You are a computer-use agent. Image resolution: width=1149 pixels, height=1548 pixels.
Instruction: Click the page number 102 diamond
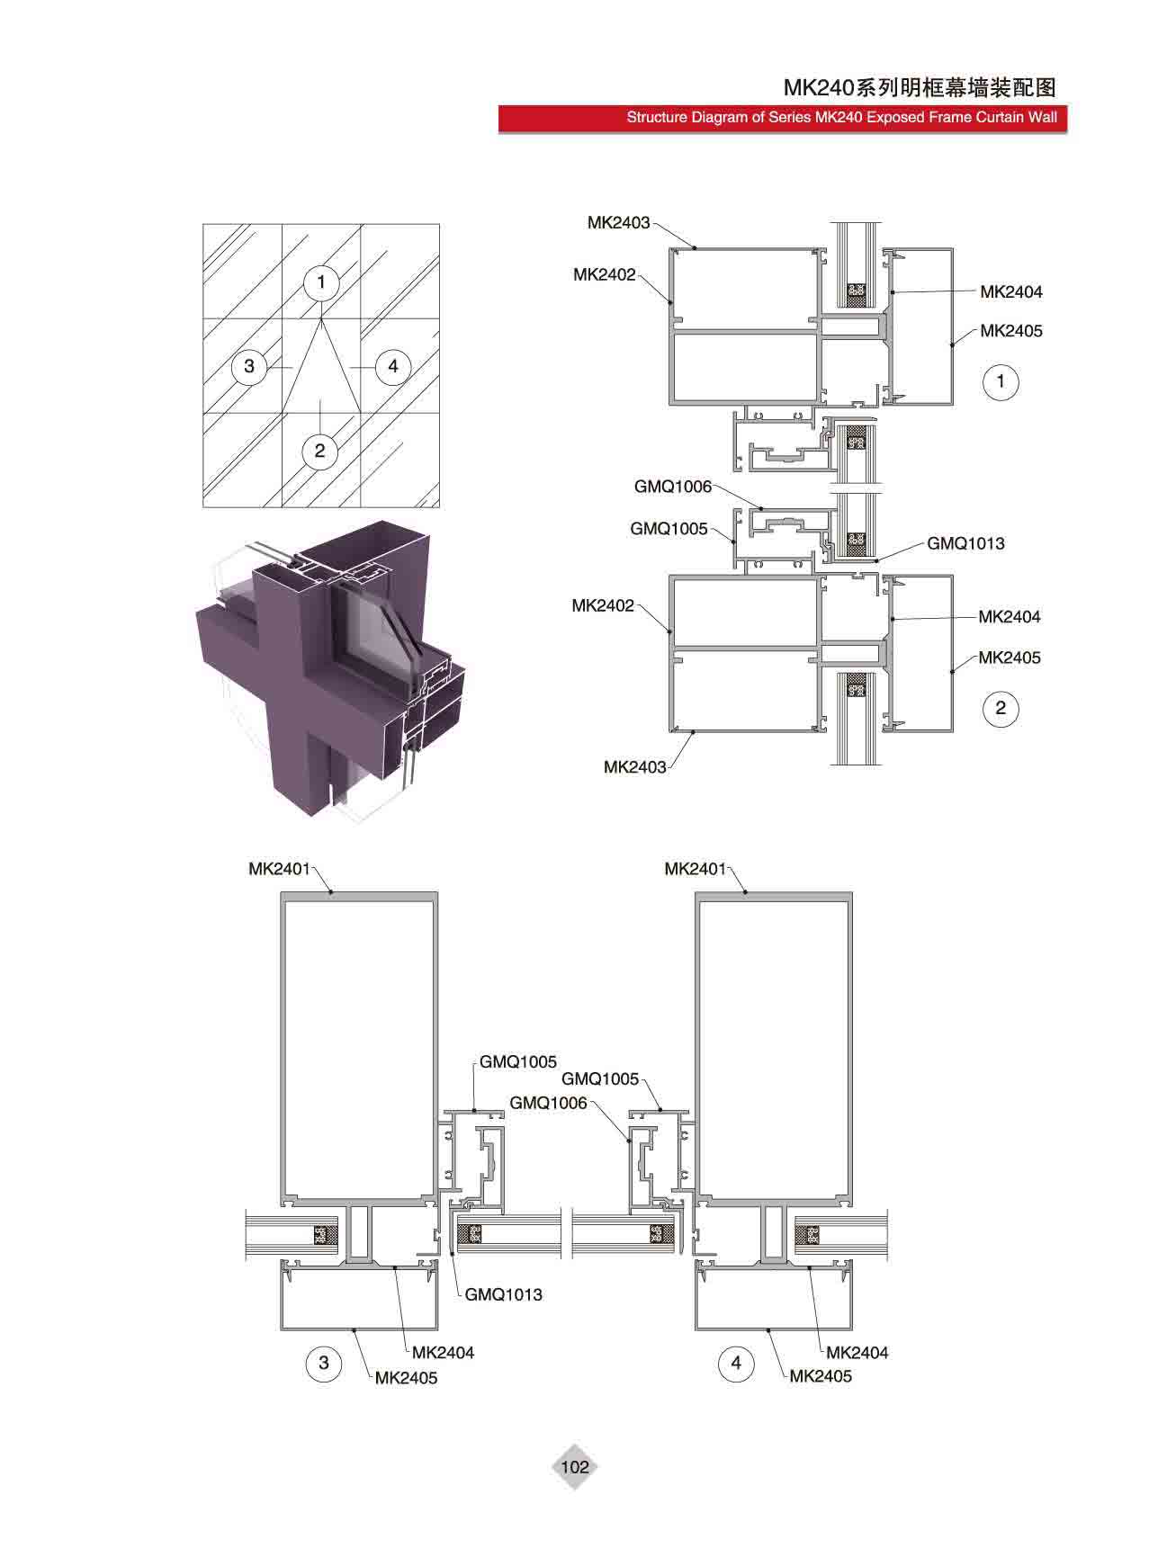[574, 1467]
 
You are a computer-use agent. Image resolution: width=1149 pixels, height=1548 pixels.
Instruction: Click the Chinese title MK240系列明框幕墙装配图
[919, 87]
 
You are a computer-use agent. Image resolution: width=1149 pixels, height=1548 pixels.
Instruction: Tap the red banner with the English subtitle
[783, 119]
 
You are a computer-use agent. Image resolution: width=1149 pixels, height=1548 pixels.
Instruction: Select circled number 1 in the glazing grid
[321, 282]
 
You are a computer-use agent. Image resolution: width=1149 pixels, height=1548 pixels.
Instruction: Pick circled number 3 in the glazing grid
[249, 366]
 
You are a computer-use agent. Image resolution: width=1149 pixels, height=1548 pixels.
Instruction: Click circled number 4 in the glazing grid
[393, 366]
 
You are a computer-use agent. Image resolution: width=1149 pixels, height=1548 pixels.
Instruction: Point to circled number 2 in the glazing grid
[319, 450]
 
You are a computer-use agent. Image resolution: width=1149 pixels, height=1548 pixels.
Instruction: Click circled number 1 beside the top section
[1001, 381]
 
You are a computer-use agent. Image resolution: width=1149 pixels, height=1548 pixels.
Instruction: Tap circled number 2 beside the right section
[1001, 708]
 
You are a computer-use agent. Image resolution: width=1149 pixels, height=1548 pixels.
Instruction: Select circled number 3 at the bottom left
[324, 1363]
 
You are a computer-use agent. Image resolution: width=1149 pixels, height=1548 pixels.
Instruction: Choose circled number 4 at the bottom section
[736, 1363]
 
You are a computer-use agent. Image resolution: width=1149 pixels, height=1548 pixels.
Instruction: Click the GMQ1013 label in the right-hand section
[965, 543]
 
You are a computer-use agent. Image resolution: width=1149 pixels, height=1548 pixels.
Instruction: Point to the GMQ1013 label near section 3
[504, 1294]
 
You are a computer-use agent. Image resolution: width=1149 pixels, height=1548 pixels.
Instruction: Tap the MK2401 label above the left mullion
[279, 869]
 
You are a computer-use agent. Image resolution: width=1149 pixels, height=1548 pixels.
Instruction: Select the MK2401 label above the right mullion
[695, 869]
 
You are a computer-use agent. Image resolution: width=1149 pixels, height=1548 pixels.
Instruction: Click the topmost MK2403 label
[618, 222]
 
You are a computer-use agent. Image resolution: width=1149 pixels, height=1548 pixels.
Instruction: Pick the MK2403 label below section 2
[635, 767]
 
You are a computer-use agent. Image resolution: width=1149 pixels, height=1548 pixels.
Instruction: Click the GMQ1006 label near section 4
[548, 1103]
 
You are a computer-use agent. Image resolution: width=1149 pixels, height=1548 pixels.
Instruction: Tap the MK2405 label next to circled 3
[406, 1377]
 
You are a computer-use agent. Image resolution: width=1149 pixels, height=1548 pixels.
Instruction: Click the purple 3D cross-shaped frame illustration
[331, 670]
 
